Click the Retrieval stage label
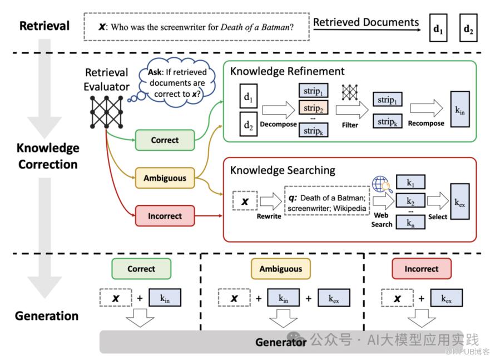click(44, 26)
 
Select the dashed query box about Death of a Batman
click(196, 26)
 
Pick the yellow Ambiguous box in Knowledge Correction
click(165, 178)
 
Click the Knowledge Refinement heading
click(288, 71)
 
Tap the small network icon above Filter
click(350, 92)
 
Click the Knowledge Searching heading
click(283, 170)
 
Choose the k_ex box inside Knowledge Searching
click(460, 204)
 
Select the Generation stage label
click(47, 315)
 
